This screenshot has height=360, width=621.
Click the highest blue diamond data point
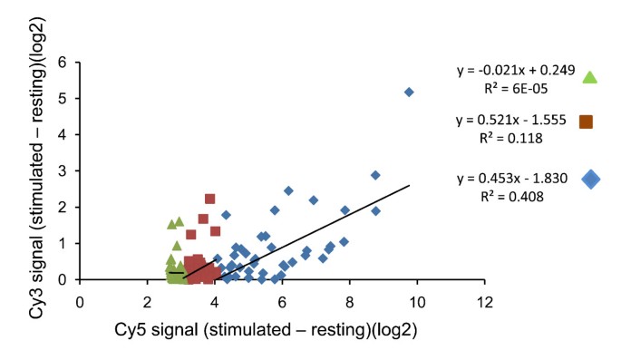409,92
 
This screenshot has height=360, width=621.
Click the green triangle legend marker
590,77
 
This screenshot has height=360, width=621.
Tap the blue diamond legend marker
591,179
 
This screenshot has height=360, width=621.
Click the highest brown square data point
209,199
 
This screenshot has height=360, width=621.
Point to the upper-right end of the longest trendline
409,186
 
